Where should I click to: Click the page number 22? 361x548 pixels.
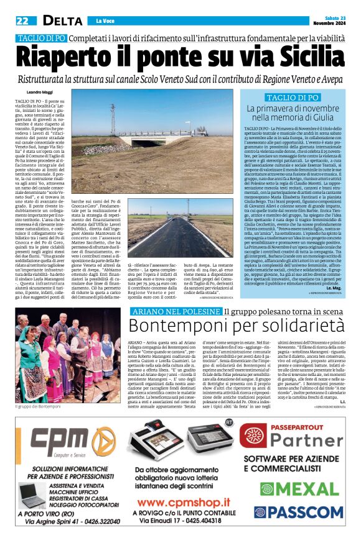tap(22, 21)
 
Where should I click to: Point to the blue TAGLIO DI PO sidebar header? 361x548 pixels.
tap(292, 98)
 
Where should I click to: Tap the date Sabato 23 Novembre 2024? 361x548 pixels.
tap(329, 21)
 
